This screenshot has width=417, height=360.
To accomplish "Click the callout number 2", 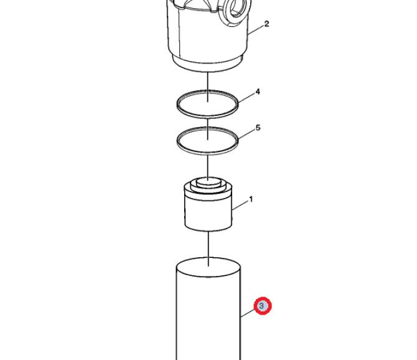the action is click(x=267, y=24).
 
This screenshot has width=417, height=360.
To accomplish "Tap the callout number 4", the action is click(x=258, y=92).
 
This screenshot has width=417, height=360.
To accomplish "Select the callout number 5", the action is click(x=258, y=128).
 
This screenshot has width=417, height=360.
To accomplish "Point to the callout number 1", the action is click(x=251, y=199).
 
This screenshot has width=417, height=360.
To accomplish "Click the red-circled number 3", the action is click(x=263, y=306).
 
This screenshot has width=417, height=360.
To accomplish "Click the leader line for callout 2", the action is click(x=256, y=30).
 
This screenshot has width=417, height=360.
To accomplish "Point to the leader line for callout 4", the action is click(x=246, y=98).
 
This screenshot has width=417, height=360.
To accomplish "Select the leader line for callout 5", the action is click(x=247, y=134).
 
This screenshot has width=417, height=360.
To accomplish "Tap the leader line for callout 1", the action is click(x=240, y=206).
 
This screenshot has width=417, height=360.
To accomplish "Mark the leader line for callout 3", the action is click(x=247, y=313).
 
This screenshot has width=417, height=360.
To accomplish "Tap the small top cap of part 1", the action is click(x=208, y=182).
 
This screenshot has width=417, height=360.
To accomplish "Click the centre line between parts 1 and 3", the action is click(x=208, y=249).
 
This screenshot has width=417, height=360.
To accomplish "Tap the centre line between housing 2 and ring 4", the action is click(x=208, y=87).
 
